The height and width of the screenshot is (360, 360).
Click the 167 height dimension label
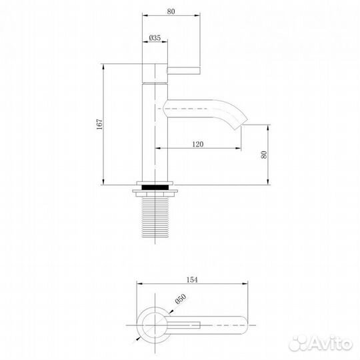tap(99, 124)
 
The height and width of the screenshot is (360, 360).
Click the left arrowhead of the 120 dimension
tap(158, 148)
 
